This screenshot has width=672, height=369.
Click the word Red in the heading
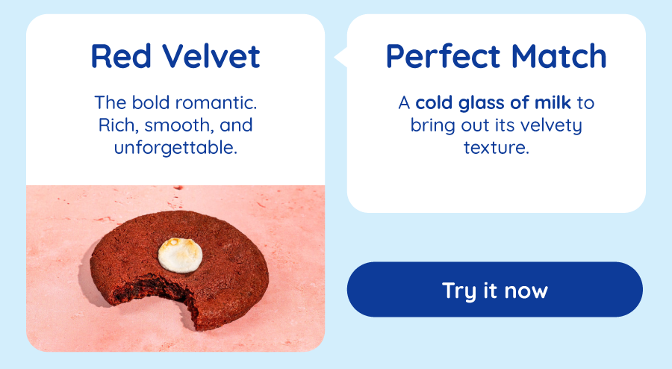(x=121, y=56)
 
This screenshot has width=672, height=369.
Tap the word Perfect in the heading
(x=443, y=56)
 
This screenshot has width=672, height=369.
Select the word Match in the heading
(x=559, y=56)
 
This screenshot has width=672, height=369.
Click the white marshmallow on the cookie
(x=180, y=255)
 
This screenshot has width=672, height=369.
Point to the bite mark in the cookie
(x=155, y=296)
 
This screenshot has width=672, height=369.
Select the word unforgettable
(x=175, y=148)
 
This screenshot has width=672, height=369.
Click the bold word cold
(x=433, y=103)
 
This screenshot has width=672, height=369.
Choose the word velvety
(x=551, y=126)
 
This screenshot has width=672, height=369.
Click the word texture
(x=497, y=148)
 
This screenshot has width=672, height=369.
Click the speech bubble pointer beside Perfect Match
(x=340, y=57)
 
